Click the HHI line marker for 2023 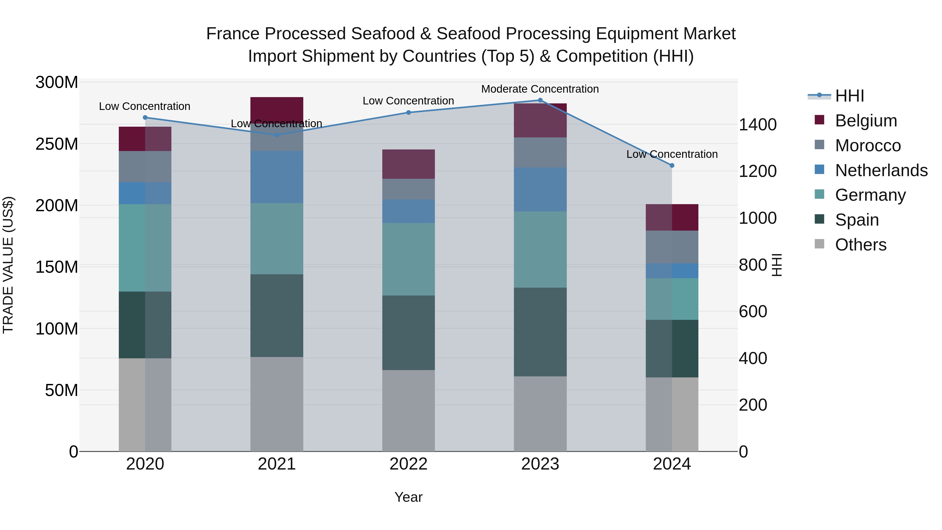tap(540, 100)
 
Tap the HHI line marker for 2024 tap(672, 165)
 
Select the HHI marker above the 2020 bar tap(145, 118)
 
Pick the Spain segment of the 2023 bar tap(540, 332)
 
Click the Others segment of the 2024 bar tap(672, 414)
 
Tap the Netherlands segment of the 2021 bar tap(277, 177)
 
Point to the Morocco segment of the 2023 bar tap(540, 153)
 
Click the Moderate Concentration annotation tap(540, 89)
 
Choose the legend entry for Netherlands tap(881, 170)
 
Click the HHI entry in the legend tap(849, 96)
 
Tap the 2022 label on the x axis tap(408, 464)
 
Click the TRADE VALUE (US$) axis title tap(8, 265)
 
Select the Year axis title tap(408, 497)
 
